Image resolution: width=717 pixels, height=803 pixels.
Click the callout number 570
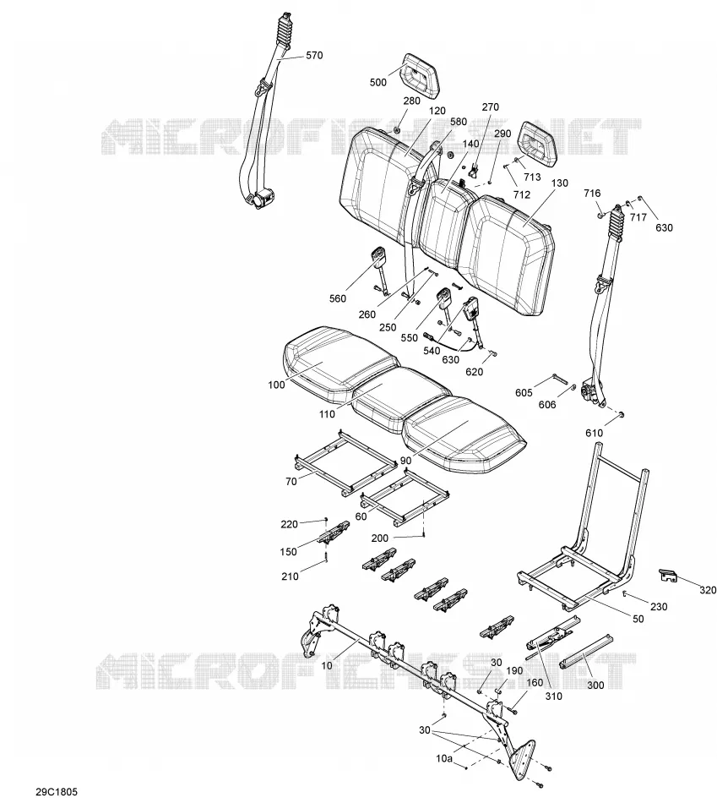[314, 55]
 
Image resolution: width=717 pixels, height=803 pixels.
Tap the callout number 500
[378, 83]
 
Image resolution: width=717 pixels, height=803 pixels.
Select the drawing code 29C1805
[57, 792]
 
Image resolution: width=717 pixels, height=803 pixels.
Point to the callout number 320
[708, 591]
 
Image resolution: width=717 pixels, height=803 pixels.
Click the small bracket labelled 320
[667, 575]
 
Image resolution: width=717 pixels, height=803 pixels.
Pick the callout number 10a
[444, 758]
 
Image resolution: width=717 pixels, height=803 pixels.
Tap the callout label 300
[595, 686]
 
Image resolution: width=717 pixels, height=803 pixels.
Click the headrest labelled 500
[421, 74]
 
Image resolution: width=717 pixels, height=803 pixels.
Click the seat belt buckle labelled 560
[380, 270]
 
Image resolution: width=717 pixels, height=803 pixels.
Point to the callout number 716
[592, 193]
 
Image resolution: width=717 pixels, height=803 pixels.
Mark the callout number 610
[595, 434]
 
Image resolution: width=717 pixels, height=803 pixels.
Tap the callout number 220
[289, 524]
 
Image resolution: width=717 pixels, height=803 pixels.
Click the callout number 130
[560, 183]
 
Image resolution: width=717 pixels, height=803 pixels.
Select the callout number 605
[524, 393]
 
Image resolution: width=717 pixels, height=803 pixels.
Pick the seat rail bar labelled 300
[586, 651]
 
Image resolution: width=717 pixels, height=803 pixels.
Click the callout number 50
[638, 619]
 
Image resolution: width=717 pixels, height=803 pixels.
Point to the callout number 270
[491, 107]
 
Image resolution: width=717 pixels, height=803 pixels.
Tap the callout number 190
[514, 671]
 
